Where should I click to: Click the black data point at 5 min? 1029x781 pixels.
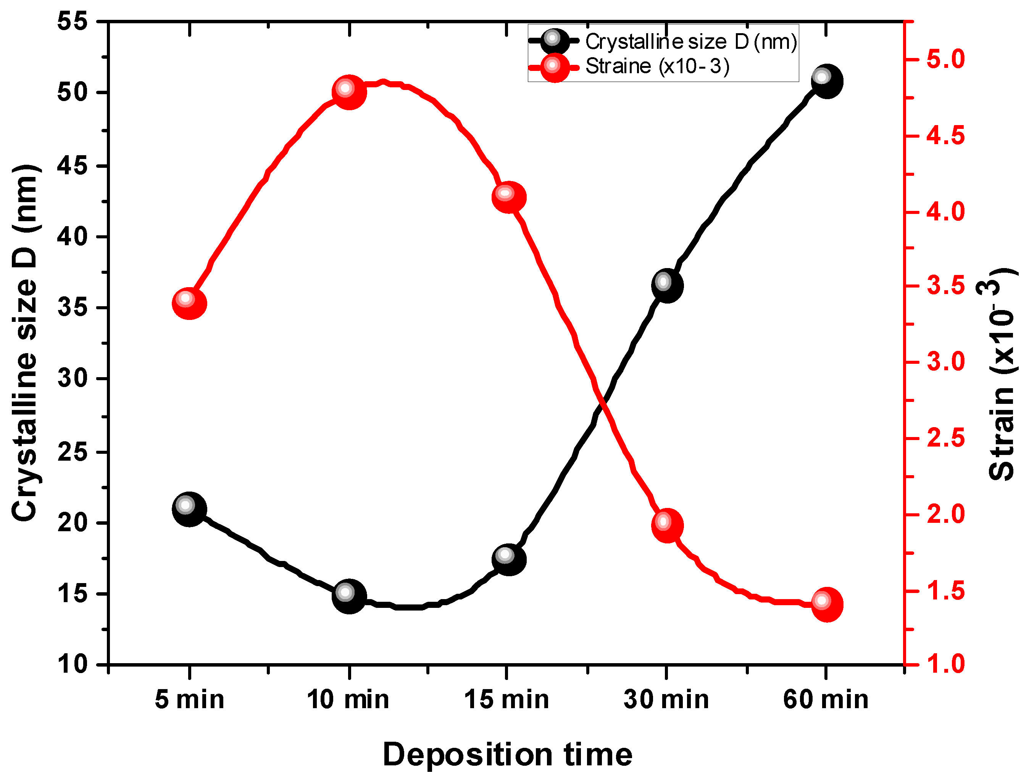(x=189, y=509)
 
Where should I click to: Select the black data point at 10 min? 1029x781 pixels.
(x=349, y=596)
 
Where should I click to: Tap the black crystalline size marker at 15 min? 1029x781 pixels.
(x=508, y=560)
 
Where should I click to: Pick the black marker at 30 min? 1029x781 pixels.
(x=667, y=285)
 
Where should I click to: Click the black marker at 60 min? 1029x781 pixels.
(x=827, y=81)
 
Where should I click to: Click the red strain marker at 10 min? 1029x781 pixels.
(x=349, y=92)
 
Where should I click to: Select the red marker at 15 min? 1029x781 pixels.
(x=508, y=197)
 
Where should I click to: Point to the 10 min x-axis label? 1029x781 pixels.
(x=348, y=700)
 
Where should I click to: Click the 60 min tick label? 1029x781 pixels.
(x=826, y=700)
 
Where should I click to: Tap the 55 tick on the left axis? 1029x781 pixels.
(x=73, y=21)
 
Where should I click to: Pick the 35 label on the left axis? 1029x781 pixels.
(x=73, y=308)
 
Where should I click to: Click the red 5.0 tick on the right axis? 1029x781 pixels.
(x=946, y=59)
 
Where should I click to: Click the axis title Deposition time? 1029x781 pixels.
(x=507, y=754)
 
